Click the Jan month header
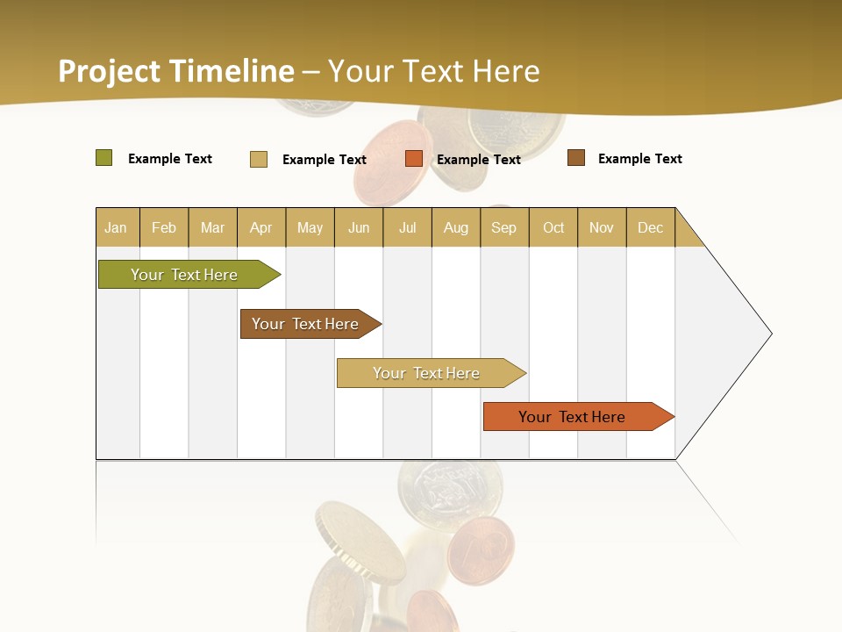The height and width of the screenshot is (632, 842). pos(117,227)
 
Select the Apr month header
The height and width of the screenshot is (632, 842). pos(261,227)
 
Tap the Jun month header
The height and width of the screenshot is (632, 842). pos(359,227)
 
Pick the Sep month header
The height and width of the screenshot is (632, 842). pos(504,227)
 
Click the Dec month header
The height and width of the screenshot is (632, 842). pos(650,227)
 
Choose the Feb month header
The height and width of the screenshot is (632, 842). pos(164,227)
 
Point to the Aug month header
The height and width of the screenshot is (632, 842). pos(456,227)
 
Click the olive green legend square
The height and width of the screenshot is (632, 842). pos(104,158)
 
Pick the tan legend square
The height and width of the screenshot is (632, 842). pos(259,159)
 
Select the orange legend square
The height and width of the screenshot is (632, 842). pos(414,159)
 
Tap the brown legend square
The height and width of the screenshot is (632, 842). pos(576,158)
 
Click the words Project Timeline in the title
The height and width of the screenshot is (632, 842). pos(176,71)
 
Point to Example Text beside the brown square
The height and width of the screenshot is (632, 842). pos(639,159)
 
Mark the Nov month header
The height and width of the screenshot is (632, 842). pos(602,227)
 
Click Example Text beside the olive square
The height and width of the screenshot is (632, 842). pos(170,159)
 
